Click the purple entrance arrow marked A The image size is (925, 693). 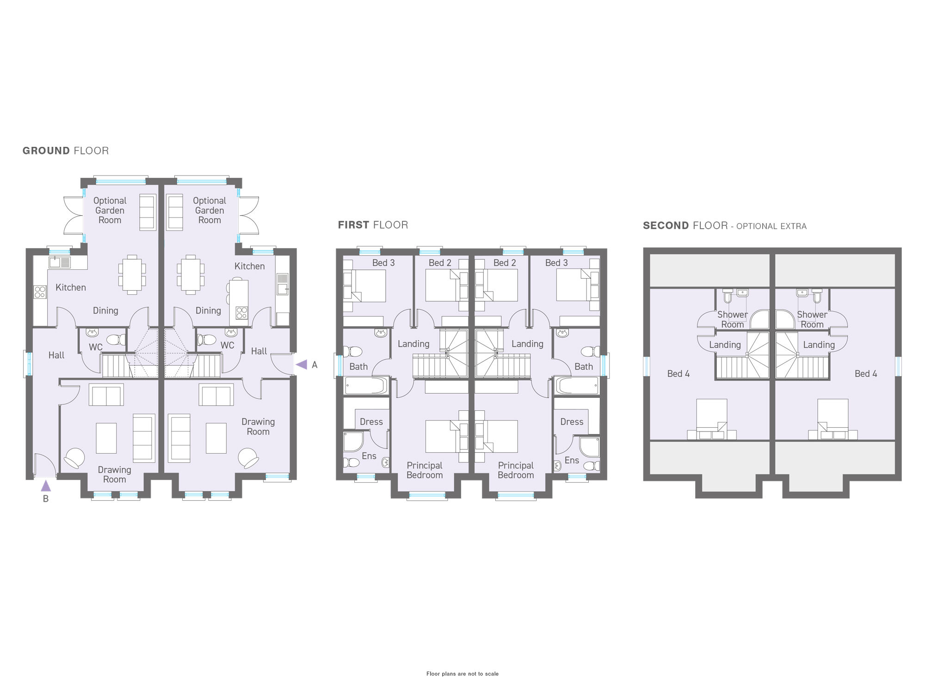click(x=302, y=365)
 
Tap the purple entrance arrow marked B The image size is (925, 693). click(x=46, y=486)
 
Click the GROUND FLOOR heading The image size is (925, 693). click(x=66, y=151)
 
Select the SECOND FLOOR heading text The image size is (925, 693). click(x=685, y=225)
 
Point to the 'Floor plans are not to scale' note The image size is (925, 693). click(x=462, y=674)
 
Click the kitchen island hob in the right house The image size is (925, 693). click(x=241, y=313)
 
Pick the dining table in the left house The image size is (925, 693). click(x=132, y=274)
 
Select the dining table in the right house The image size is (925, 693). click(x=191, y=274)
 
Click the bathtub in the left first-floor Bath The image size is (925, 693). click(x=366, y=386)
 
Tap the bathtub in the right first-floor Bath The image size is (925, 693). click(x=577, y=386)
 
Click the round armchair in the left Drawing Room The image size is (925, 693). click(x=74, y=458)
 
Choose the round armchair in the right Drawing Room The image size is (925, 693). click(x=248, y=458)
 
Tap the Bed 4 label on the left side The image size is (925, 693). click(x=678, y=374)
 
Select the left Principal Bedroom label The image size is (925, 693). click(x=425, y=470)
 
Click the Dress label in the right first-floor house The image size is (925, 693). click(x=572, y=422)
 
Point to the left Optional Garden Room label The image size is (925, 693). click(x=110, y=210)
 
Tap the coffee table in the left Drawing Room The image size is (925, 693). click(x=106, y=438)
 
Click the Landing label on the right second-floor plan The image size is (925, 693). click(x=819, y=345)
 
